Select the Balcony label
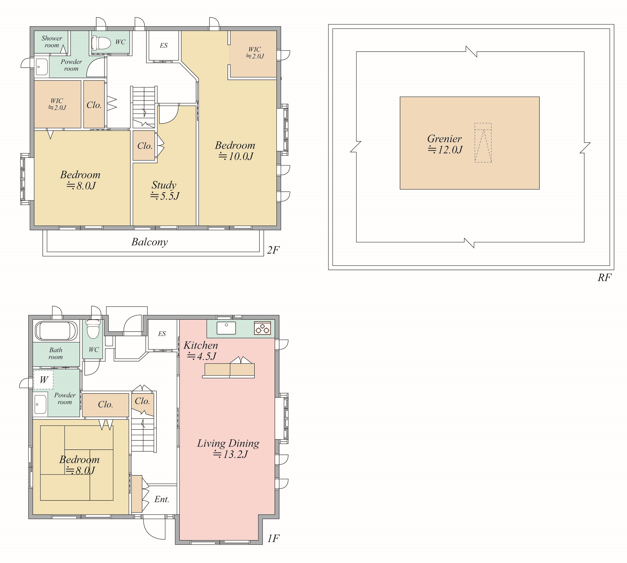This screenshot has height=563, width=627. point(150,242)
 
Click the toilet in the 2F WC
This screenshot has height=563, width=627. point(101,43)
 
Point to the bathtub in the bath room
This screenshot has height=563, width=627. point(56,331)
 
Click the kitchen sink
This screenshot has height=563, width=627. point(226,328)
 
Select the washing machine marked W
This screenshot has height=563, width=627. point(43,380)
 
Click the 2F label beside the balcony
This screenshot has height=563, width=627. point(273,250)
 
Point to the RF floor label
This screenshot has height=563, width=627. point(604,277)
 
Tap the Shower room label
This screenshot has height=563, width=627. point(52,42)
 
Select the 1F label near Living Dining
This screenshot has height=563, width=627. point(273,539)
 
